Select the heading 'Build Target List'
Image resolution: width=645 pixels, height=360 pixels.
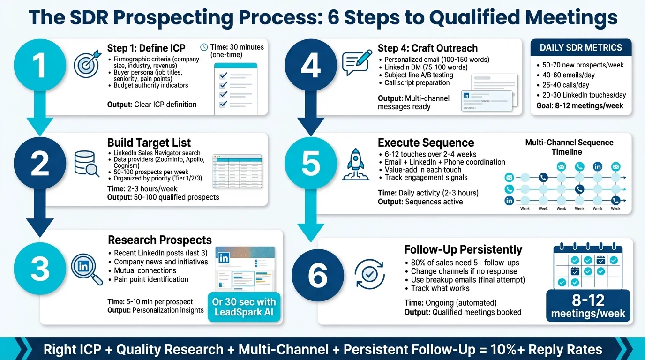point(149,142)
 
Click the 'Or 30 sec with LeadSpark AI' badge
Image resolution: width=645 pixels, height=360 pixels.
point(244,307)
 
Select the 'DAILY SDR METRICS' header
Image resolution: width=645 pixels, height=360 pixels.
point(581,48)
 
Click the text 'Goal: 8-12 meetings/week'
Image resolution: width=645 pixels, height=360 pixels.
point(580,105)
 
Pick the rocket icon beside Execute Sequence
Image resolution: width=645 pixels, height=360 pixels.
point(356,165)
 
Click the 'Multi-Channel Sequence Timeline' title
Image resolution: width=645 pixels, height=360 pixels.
point(569,147)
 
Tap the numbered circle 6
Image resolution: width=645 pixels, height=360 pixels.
point(317,275)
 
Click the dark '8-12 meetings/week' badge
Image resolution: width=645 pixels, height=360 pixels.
point(588,306)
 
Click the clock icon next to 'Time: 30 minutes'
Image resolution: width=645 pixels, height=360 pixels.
point(204,47)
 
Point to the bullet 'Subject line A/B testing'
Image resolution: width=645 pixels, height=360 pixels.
point(419,75)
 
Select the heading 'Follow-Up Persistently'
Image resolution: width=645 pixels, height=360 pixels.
point(463,249)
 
